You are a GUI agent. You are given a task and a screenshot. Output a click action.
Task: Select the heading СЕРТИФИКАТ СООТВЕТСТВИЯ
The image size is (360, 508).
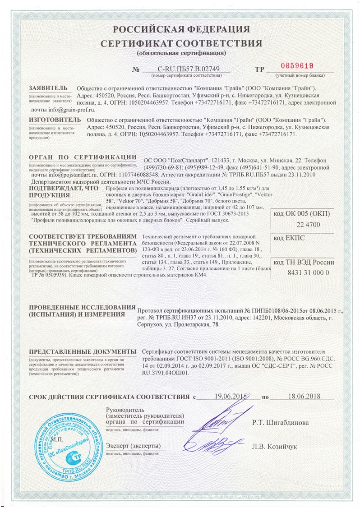(181, 43)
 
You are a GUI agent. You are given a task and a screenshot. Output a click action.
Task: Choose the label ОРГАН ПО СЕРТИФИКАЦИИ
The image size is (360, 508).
(83, 157)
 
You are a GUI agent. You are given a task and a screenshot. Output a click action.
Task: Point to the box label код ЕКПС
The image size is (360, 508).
(288, 237)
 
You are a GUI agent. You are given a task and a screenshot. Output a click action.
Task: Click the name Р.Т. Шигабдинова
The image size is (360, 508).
(281, 423)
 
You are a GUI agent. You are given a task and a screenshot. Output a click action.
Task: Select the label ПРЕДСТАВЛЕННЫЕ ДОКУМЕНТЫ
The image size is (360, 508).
(83, 351)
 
